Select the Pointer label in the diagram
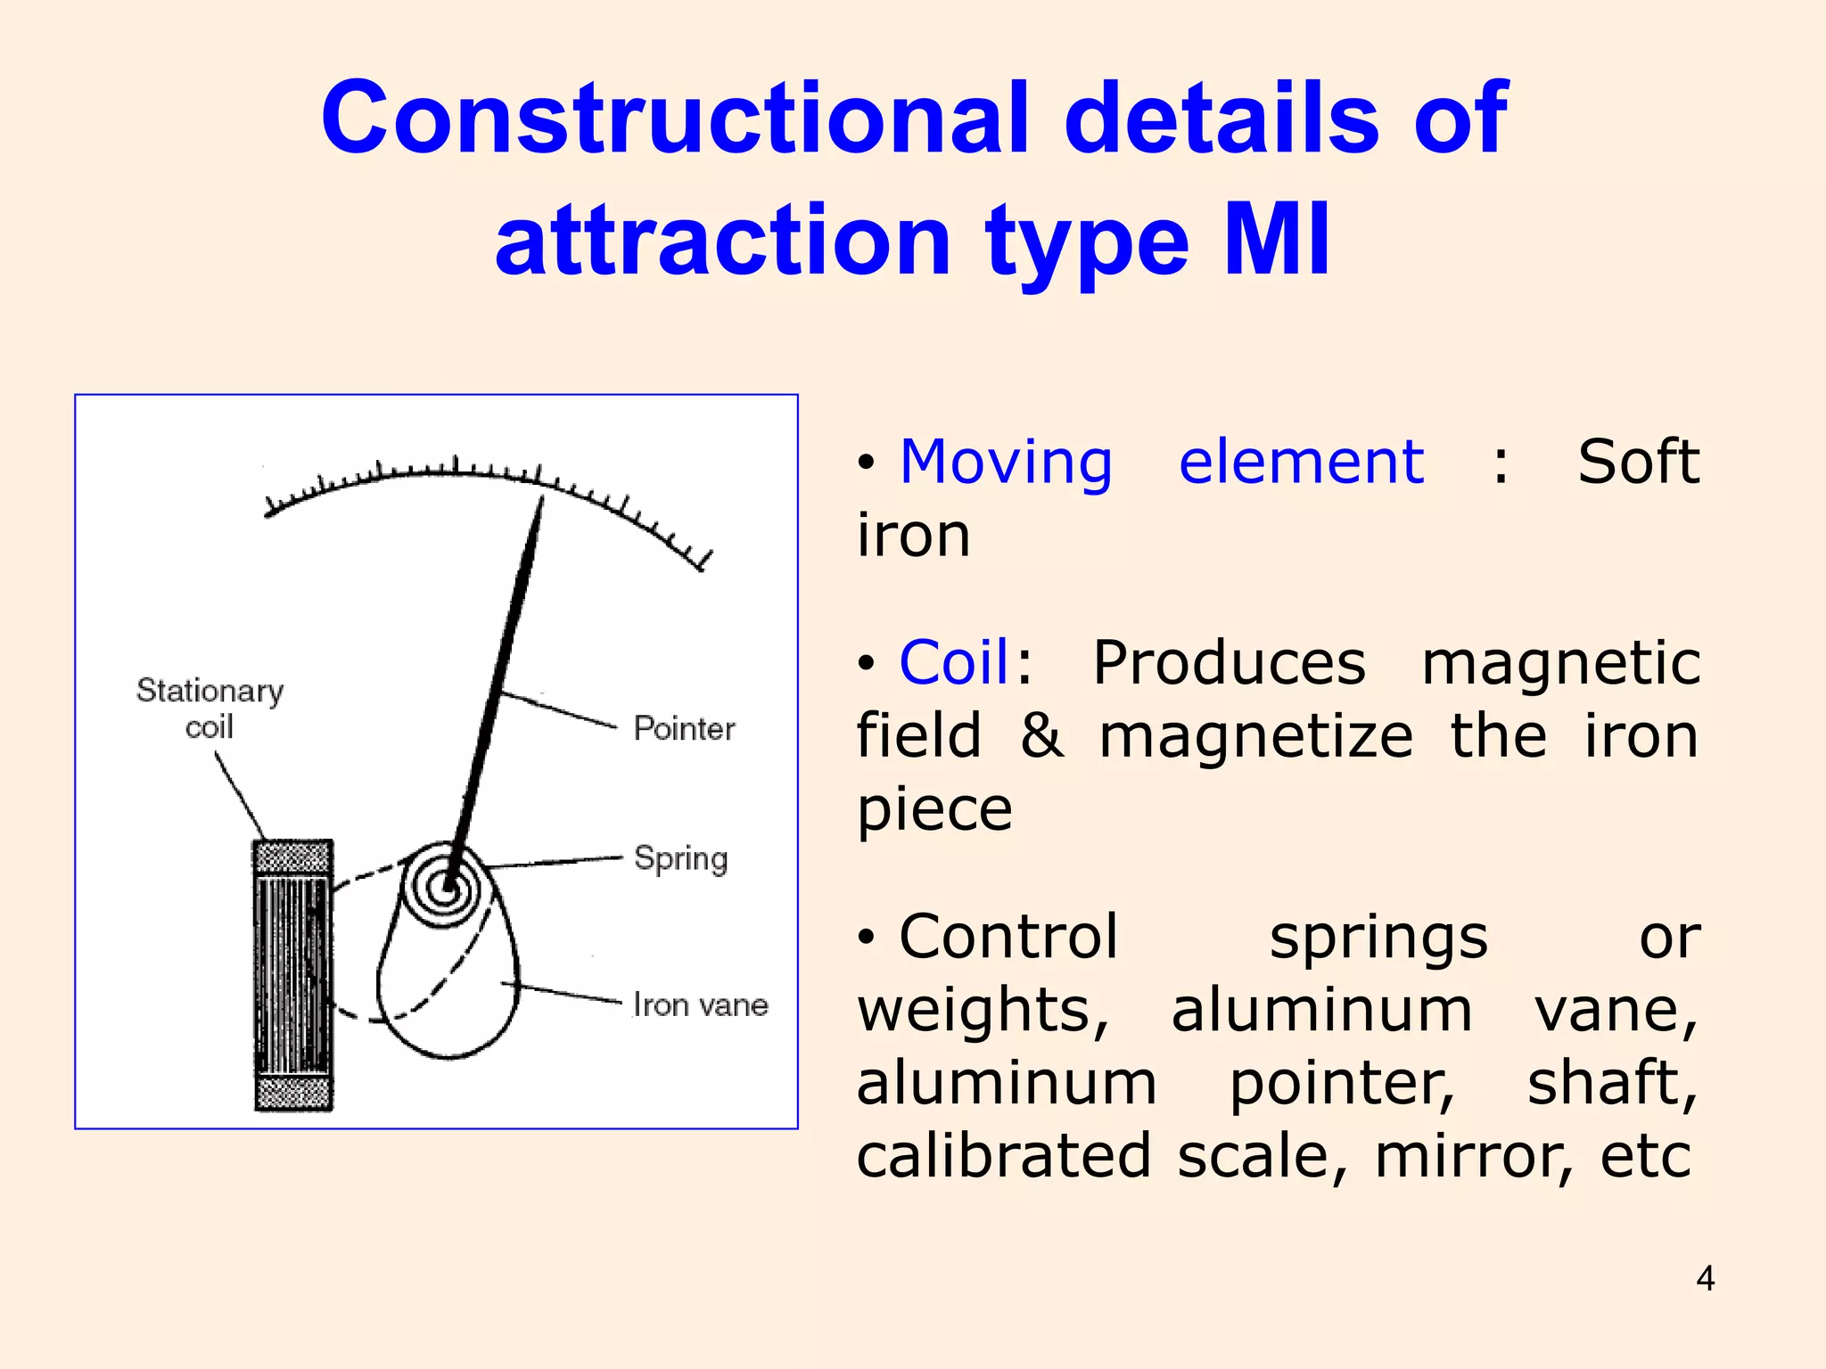click(x=684, y=729)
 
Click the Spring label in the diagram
click(x=680, y=859)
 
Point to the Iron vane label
click(x=700, y=1005)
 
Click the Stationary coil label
click(x=210, y=708)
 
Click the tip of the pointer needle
click(x=541, y=499)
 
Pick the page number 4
click(x=1705, y=1279)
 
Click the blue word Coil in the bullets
click(x=953, y=663)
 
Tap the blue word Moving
click(x=1006, y=463)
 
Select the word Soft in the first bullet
click(x=1638, y=463)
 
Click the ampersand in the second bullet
click(x=1041, y=736)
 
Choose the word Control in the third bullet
click(x=1008, y=937)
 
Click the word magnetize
click(x=1255, y=736)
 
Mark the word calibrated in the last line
click(x=1004, y=1156)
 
